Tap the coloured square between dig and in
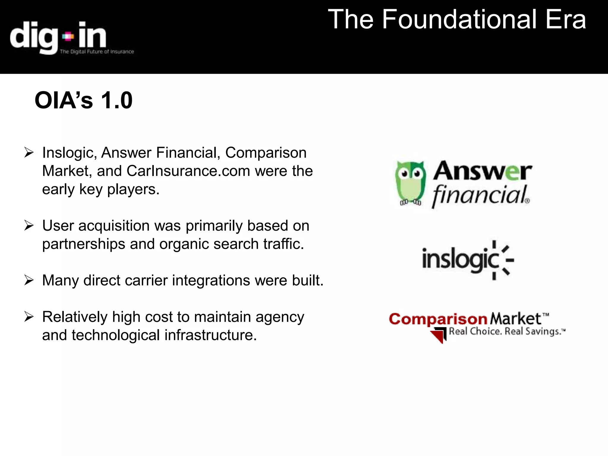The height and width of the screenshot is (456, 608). tap(68, 37)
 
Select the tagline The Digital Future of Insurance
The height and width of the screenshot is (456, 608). tap(97, 52)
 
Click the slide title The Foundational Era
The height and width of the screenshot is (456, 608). tap(457, 20)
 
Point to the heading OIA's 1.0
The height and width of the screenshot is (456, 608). tap(83, 100)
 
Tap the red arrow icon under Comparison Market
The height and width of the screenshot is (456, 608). tap(438, 335)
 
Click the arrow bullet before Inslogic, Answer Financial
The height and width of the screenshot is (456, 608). tap(29, 153)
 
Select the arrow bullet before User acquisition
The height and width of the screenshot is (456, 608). tap(29, 226)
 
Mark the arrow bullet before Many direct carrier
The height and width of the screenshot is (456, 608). tap(29, 280)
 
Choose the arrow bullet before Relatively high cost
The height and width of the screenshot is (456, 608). tap(29, 317)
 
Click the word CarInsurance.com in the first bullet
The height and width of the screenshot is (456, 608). tap(188, 171)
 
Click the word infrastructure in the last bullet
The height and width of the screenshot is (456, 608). tap(210, 335)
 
